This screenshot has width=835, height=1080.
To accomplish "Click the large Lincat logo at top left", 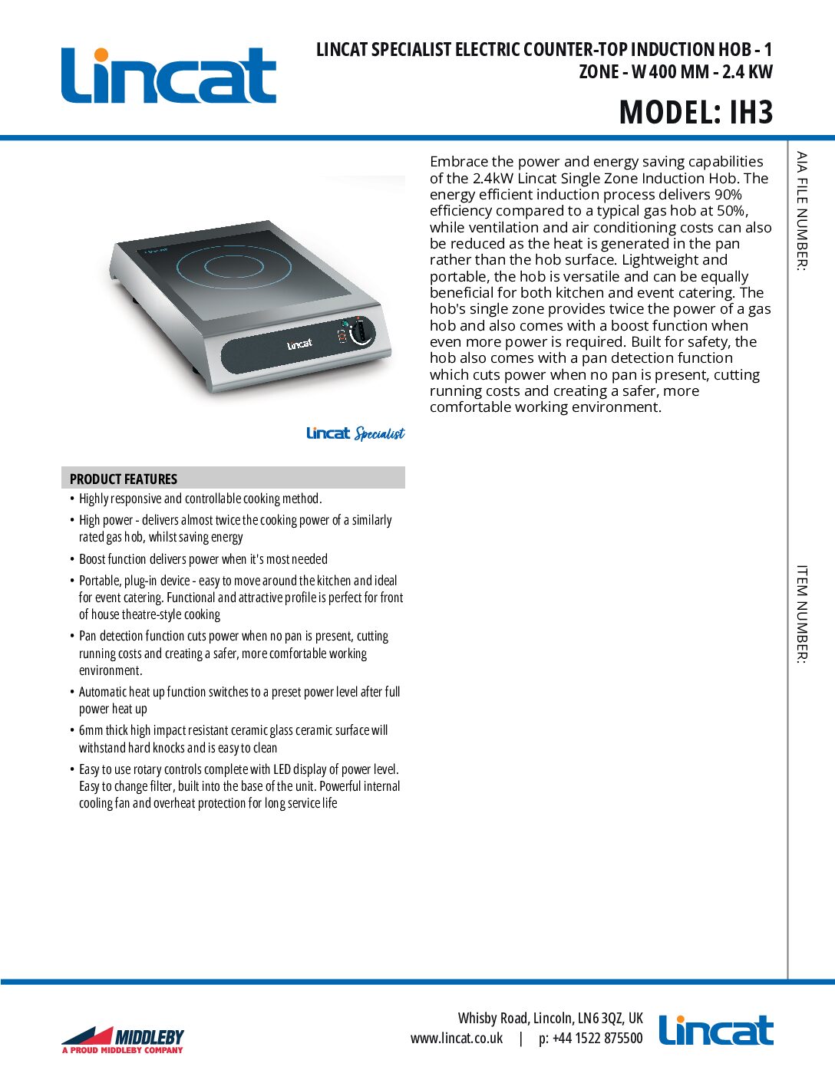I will [x=169, y=75].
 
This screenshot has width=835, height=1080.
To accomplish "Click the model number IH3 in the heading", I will [x=751, y=113].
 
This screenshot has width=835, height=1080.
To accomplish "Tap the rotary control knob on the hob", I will [x=361, y=332].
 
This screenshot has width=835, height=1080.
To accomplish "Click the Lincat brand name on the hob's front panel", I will [x=299, y=344].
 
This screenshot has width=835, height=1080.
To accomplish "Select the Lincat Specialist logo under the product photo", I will [x=355, y=433].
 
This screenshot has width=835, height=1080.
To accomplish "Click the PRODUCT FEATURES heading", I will [x=124, y=479].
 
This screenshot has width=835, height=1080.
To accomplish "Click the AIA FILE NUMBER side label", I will [x=802, y=210].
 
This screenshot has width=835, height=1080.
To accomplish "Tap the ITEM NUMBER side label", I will [x=802, y=614].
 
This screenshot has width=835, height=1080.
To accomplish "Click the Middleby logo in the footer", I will [x=123, y=1040].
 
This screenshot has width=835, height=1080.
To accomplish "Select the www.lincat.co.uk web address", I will [x=457, y=1038].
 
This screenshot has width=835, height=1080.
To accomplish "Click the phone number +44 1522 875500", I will [x=597, y=1038].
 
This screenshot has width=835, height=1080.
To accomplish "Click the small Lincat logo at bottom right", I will [x=716, y=1031].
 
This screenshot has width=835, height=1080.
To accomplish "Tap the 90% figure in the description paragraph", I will [x=728, y=194].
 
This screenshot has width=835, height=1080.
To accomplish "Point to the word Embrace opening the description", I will [x=458, y=162].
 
